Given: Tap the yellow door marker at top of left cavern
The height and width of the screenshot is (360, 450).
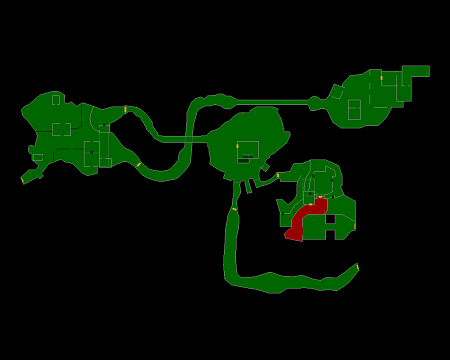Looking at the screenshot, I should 125,109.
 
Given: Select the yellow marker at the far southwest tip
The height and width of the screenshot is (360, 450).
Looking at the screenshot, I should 22,181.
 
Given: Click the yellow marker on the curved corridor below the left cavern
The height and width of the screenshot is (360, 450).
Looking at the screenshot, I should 138,164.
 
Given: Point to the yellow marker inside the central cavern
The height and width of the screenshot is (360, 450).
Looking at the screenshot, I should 237,146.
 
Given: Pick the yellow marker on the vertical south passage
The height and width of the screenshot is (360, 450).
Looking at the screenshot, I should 234,209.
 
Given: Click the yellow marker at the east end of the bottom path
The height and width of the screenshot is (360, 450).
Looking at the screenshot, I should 357,266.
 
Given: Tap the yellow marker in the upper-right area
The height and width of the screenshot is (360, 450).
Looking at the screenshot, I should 381,78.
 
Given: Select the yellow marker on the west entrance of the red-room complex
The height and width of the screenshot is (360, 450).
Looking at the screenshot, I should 278,175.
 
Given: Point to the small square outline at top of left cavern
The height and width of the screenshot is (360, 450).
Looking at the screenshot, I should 56,100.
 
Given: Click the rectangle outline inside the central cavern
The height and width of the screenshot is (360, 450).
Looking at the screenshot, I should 248,150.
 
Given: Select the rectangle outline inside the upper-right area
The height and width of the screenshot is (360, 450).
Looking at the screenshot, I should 354,109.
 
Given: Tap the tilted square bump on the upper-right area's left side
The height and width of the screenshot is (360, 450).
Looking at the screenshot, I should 337,92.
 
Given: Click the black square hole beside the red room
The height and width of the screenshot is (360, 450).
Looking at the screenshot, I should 330,219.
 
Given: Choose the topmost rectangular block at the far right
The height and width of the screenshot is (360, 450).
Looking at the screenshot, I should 415,71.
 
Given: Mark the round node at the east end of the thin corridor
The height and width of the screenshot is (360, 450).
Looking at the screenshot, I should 314,103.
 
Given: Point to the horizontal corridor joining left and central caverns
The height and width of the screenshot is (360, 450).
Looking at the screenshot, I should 180,138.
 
